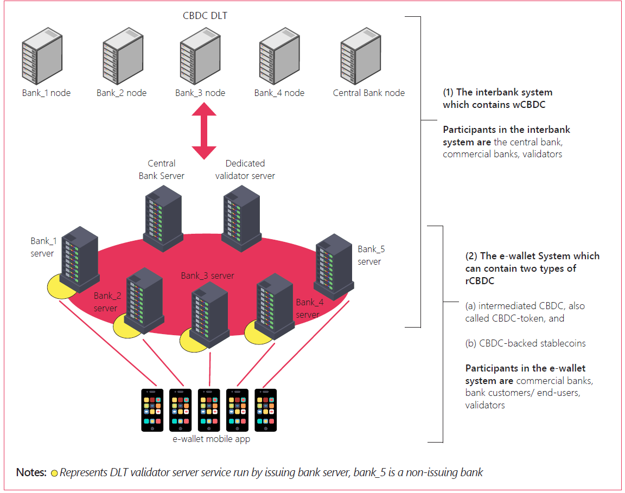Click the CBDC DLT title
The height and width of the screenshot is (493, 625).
tap(205, 16)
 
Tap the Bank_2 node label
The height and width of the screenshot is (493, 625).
tap(122, 93)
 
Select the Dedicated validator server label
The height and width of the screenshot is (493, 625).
tap(245, 169)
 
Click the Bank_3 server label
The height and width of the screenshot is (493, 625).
tap(207, 276)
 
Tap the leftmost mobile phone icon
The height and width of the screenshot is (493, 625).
tap(152, 409)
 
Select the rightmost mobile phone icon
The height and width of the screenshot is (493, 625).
tap(265, 409)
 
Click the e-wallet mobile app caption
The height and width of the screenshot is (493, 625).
tap(211, 439)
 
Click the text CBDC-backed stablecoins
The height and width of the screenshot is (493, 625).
tap(525, 343)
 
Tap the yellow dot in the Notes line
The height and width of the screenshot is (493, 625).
tap(54, 473)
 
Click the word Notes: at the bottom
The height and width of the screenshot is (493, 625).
tap(31, 472)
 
